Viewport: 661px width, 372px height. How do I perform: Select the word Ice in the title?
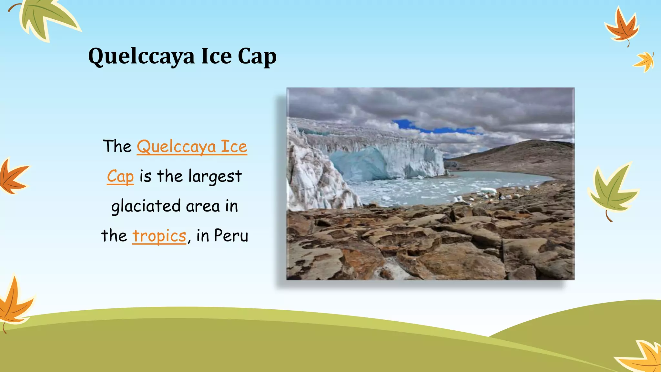point(217,56)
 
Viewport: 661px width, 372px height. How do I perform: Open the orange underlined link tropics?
point(159,236)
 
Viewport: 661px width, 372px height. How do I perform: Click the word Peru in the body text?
point(231,235)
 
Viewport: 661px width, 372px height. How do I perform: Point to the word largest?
point(215,176)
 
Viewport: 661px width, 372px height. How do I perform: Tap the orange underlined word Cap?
point(120,177)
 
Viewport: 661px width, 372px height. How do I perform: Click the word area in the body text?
point(203,206)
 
